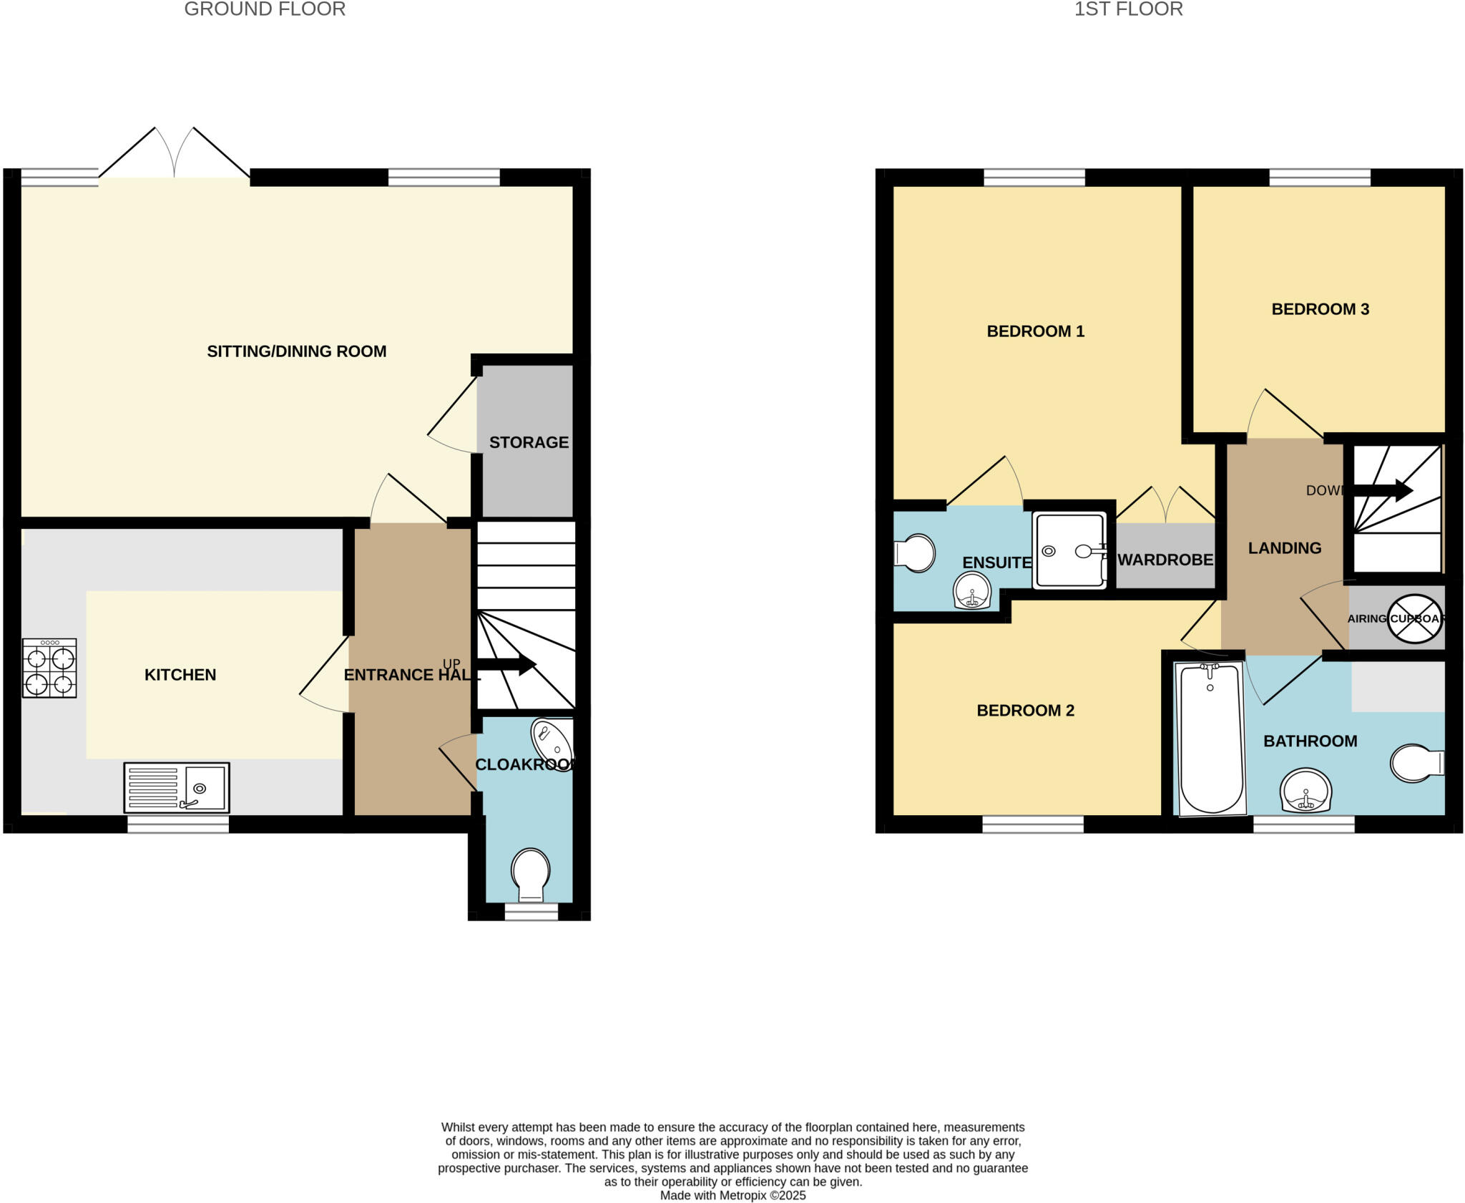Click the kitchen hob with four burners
pos(49,668)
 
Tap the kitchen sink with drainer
pos(177,787)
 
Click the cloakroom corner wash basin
pos(552,740)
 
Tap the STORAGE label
pos(529,442)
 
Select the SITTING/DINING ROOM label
pos(296,351)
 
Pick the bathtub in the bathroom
pos(1210,738)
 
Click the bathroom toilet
pos(1416,764)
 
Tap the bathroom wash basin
pos(1306,792)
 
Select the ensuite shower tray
pos(1069,550)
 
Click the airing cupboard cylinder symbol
pos(1414,618)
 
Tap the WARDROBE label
pos(1165,560)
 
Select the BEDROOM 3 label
pos(1320,309)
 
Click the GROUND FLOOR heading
pos(265,9)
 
